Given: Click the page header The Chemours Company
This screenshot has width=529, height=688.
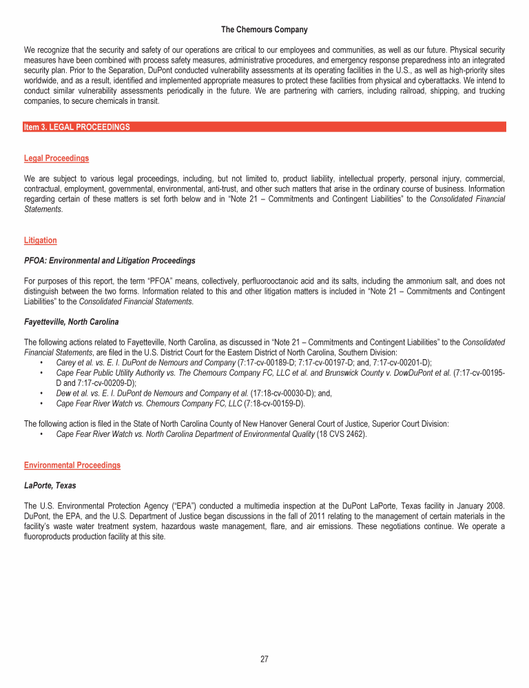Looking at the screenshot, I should [x=264, y=30].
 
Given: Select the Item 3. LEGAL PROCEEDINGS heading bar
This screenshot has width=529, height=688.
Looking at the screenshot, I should [x=264, y=127].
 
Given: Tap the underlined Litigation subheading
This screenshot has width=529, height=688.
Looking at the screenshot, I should [x=40, y=240].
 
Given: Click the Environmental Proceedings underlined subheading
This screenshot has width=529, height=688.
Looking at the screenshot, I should [x=72, y=465].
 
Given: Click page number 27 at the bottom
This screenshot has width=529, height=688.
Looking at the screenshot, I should [x=264, y=659].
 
